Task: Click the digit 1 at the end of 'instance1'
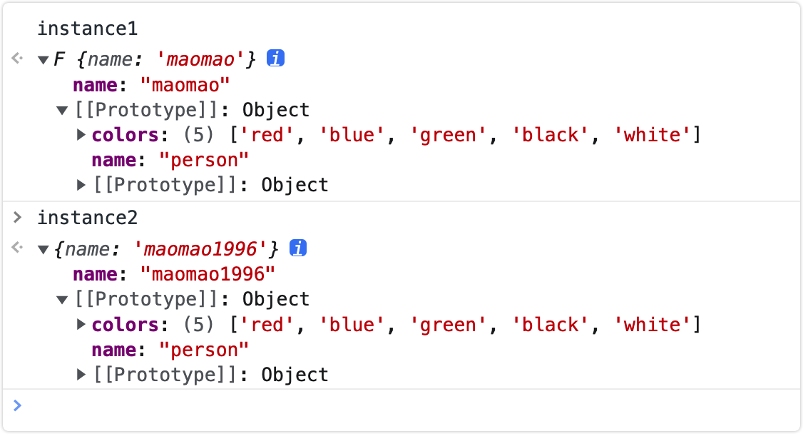(x=133, y=29)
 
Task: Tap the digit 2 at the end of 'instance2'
(x=133, y=218)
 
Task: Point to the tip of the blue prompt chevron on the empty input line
(x=21, y=406)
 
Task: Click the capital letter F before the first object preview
(x=59, y=59)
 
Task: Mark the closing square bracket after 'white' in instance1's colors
(x=697, y=136)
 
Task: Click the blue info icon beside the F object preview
(x=275, y=59)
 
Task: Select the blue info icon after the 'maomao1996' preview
(x=298, y=248)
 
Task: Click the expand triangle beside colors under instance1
(x=81, y=135)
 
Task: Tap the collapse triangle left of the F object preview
(x=43, y=61)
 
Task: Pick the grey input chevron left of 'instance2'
(x=17, y=218)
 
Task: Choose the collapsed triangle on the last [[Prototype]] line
(x=81, y=375)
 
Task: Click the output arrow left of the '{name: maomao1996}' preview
(x=17, y=248)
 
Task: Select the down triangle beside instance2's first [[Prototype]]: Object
(x=62, y=301)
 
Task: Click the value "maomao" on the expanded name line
(x=185, y=85)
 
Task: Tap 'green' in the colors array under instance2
(x=448, y=325)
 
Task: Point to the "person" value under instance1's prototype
(x=204, y=161)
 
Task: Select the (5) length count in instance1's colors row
(x=198, y=136)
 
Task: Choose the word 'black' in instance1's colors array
(x=550, y=136)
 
